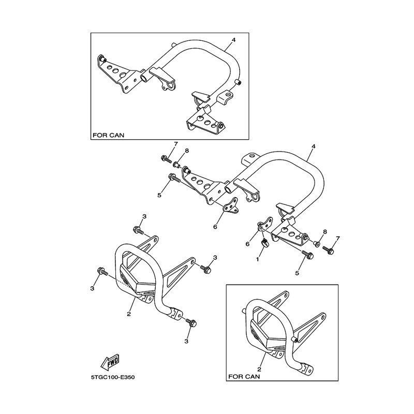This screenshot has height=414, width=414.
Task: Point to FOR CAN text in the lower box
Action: point(244,377)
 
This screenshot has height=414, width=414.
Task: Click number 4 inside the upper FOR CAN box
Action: point(234,40)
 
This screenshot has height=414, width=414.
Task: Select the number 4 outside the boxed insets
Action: point(313,146)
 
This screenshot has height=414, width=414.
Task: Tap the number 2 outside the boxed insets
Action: point(129,314)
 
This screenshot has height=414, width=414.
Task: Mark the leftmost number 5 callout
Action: point(159,196)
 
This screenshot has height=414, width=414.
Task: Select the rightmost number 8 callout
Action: point(325,231)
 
